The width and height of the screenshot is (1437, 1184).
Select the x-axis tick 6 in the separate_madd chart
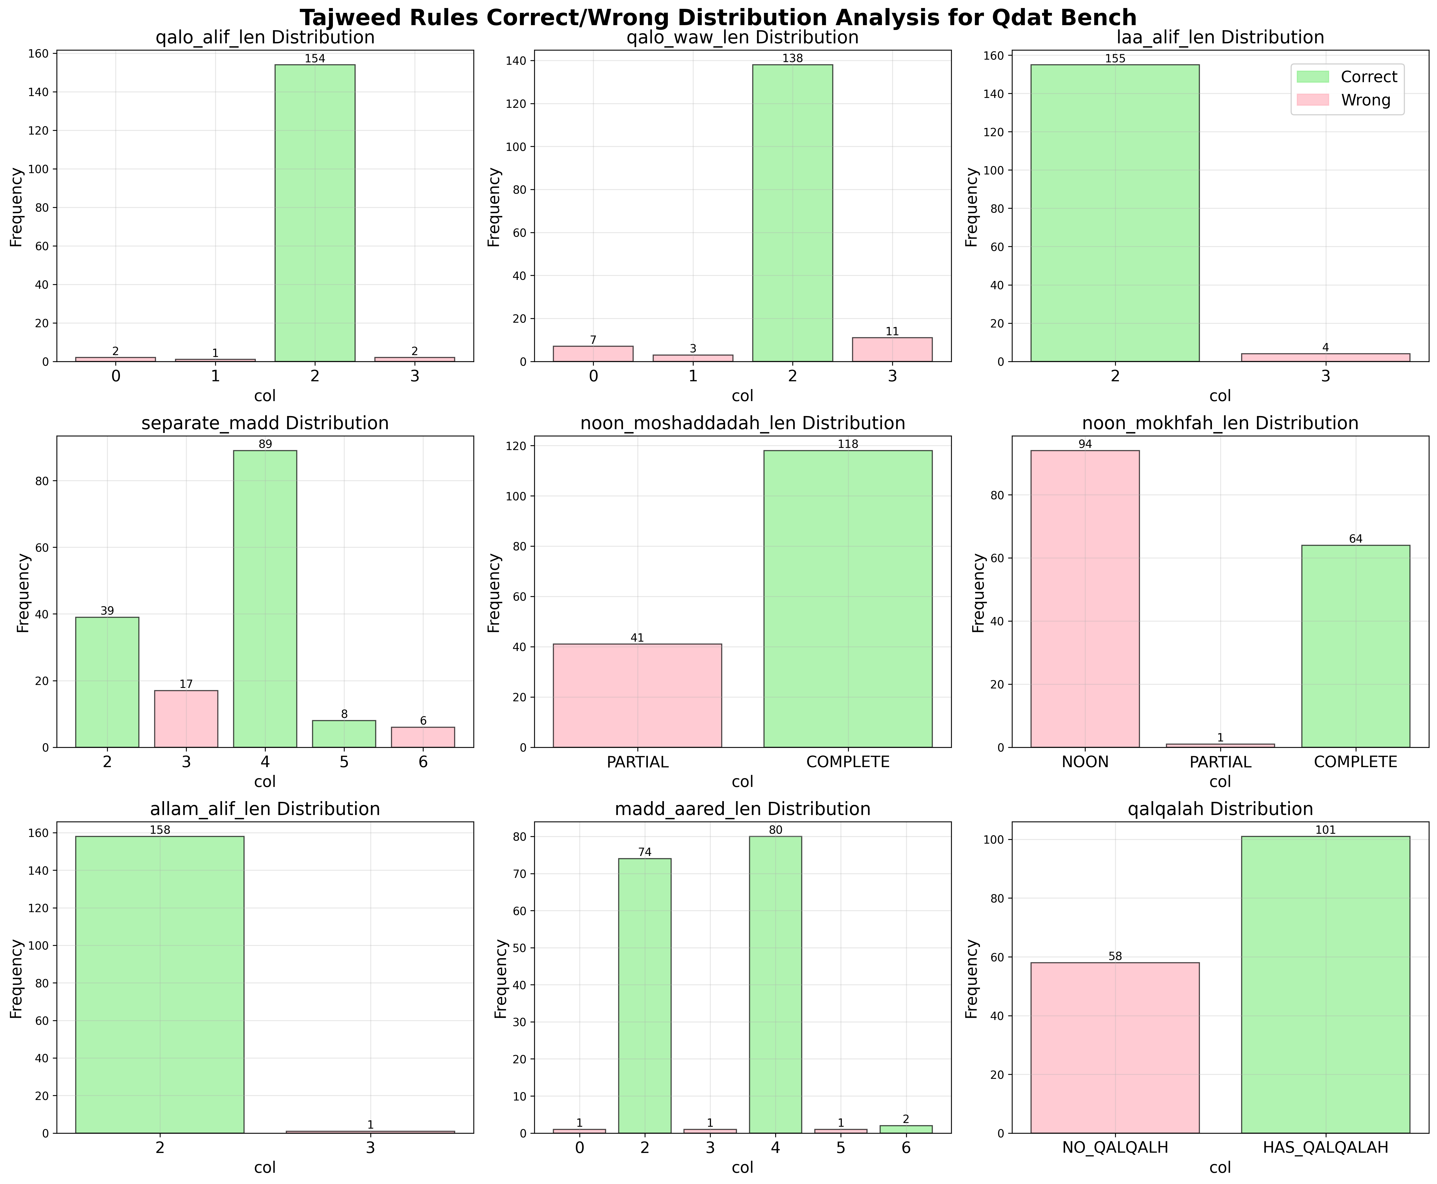[x=423, y=762]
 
